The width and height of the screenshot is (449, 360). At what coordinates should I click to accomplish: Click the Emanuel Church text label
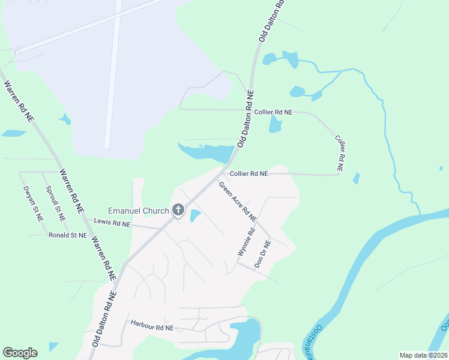pyautogui.click(x=139, y=211)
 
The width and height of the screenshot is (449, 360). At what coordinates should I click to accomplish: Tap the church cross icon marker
pyautogui.click(x=178, y=210)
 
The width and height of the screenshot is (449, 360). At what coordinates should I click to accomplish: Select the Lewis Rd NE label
pyautogui.click(x=112, y=223)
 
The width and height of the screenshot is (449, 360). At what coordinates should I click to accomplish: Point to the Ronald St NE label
pyautogui.click(x=68, y=236)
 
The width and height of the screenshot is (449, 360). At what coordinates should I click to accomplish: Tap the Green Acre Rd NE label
pyautogui.click(x=237, y=200)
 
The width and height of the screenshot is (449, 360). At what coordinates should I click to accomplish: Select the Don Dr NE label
pyautogui.click(x=263, y=254)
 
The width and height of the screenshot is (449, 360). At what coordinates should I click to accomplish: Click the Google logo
pyautogui.click(x=20, y=353)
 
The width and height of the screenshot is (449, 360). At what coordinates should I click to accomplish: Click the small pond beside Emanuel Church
pyautogui.click(x=195, y=216)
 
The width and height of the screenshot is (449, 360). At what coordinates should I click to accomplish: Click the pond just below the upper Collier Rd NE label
pyautogui.click(x=275, y=124)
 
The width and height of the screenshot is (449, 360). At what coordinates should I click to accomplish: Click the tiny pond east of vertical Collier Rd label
pyautogui.click(x=357, y=179)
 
